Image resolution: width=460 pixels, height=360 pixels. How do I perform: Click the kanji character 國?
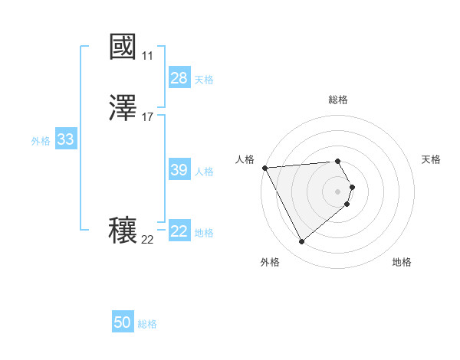click(x=123, y=47)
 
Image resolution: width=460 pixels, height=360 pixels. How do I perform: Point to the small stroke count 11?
click(x=147, y=56)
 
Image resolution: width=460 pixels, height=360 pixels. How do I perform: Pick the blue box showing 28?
click(x=179, y=78)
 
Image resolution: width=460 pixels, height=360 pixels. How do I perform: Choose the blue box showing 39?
click(x=179, y=170)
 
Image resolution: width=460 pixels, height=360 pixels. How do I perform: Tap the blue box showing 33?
click(x=65, y=139)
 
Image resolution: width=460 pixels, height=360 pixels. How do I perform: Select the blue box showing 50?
click(x=123, y=322)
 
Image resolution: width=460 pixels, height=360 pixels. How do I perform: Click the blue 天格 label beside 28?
click(x=204, y=80)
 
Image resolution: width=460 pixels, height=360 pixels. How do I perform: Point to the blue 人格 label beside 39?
click(x=204, y=172)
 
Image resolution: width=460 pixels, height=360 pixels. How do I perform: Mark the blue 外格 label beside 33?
click(x=41, y=141)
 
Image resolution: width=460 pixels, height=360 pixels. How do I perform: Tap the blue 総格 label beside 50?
click(x=148, y=324)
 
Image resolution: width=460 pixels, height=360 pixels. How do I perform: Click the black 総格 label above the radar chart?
click(x=338, y=100)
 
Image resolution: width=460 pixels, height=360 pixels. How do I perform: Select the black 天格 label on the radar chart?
click(x=432, y=159)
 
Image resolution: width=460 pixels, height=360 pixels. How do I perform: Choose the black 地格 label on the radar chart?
click(x=402, y=262)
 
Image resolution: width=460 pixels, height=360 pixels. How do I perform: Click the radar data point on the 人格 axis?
click(x=264, y=168)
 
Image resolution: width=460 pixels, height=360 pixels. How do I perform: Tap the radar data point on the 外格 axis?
click(x=301, y=242)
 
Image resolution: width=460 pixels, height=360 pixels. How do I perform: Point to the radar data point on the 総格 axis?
click(x=338, y=161)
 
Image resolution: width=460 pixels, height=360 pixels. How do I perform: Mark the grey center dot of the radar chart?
click(x=338, y=191)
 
